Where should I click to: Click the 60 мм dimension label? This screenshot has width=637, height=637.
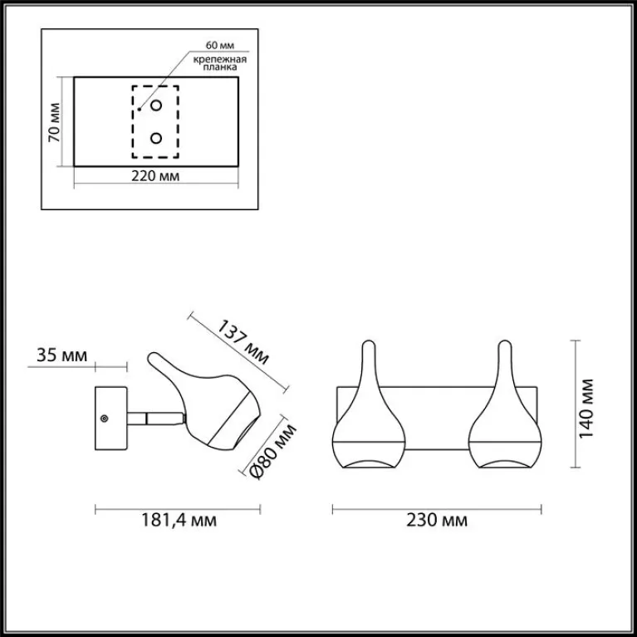(220, 45)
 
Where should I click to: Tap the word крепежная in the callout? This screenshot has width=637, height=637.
(220, 59)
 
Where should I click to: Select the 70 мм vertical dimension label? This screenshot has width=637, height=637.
(54, 122)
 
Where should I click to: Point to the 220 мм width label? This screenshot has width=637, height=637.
(155, 176)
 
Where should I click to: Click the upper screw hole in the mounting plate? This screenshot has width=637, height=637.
(156, 105)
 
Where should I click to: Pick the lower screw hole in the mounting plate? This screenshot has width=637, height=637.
(156, 139)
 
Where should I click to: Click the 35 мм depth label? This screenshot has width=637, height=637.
(61, 355)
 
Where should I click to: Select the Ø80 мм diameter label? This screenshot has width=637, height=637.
(272, 450)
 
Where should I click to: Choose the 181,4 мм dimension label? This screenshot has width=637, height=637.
(179, 520)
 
